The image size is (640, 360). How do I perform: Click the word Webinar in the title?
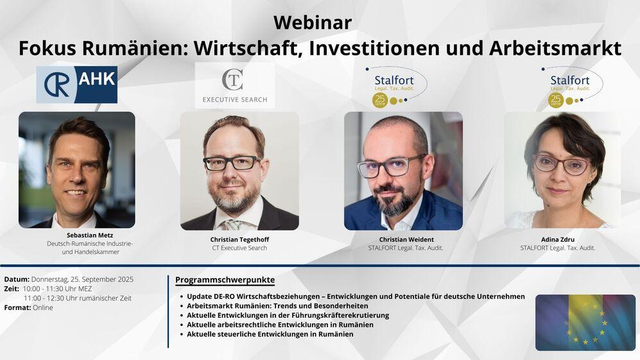click(x=312, y=22)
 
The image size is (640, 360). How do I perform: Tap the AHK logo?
click(x=77, y=85)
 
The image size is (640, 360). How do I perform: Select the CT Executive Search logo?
click(x=235, y=85)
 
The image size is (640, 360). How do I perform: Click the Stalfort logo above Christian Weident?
click(x=396, y=87)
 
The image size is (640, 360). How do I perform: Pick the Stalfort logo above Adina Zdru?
click(x=572, y=87)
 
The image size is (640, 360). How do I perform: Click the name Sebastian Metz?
click(x=90, y=235)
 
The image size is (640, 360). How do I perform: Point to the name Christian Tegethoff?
click(x=239, y=239)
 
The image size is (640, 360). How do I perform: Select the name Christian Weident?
click(x=406, y=239)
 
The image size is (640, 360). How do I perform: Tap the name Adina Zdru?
click(x=558, y=239)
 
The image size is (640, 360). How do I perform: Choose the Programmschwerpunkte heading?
click(x=225, y=280)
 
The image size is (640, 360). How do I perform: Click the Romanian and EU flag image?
click(x=585, y=322)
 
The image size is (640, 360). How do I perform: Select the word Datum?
click(x=17, y=280)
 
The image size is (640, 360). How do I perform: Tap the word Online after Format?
click(x=43, y=308)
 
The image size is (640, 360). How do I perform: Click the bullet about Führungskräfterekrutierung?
click(x=284, y=316)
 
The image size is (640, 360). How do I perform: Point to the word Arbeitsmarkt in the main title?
click(x=555, y=48)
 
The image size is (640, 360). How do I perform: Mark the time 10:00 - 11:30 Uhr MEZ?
click(x=57, y=289)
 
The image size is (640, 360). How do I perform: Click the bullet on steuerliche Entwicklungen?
click(x=266, y=334)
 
